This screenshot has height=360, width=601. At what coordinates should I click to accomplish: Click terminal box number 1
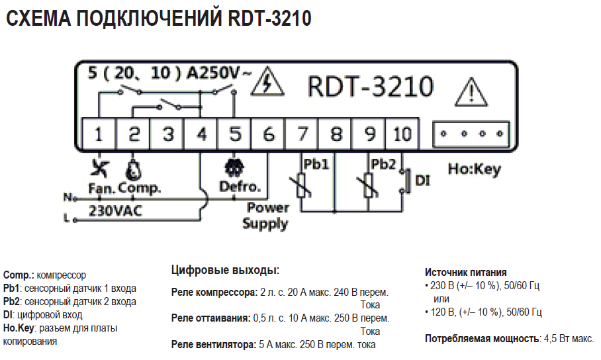point(99,134)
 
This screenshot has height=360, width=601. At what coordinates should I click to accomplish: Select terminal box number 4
point(201,134)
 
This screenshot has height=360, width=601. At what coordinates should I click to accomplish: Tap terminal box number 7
point(302,134)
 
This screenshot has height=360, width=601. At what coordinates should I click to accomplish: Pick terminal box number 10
point(402,134)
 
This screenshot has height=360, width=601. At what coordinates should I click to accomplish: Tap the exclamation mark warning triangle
point(471,90)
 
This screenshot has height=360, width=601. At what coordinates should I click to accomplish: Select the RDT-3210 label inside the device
point(371,86)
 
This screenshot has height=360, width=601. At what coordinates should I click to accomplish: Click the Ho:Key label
point(474,169)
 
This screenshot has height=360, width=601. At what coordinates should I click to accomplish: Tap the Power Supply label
point(266,216)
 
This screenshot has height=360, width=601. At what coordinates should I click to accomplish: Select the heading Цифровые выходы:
point(225,270)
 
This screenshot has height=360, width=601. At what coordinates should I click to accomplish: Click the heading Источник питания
point(466,272)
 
